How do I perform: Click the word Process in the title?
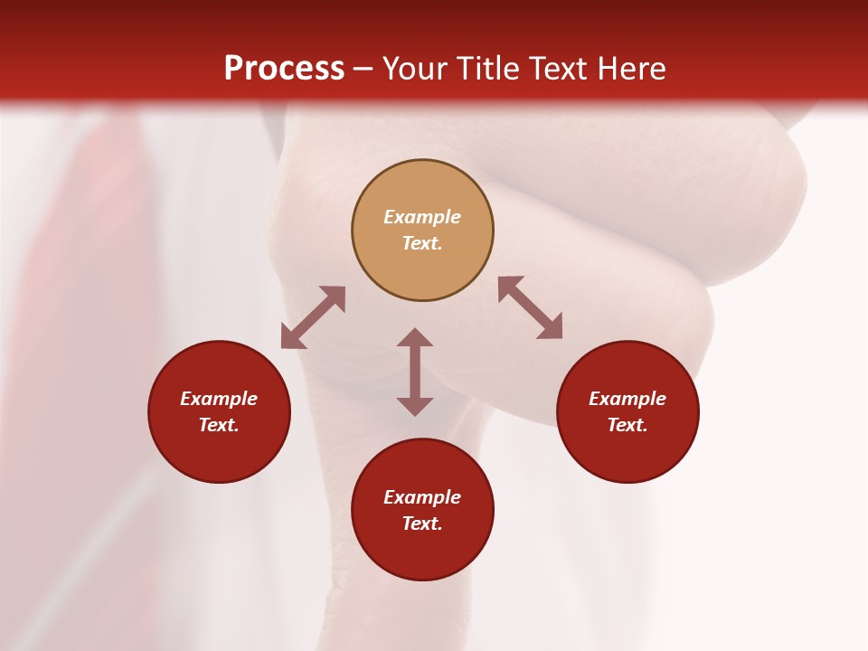point(284,69)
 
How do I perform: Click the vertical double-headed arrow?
point(415,372)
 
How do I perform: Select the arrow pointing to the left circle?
point(313,317)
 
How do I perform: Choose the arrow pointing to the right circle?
point(531,307)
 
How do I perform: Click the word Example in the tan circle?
point(422,217)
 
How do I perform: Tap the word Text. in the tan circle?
point(422,243)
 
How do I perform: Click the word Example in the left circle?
point(219,399)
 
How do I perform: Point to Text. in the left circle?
point(219,425)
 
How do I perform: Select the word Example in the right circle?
point(627,399)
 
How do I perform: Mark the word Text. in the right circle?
point(627,425)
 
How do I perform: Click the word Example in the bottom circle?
point(422,497)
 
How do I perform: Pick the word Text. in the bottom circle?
point(422,524)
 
